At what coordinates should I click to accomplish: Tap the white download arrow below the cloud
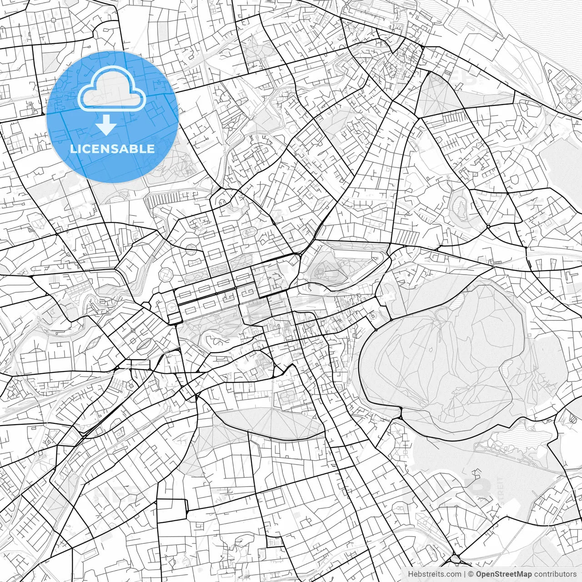(x=106, y=125)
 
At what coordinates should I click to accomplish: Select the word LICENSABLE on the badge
(x=112, y=149)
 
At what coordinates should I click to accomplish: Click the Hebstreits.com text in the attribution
(x=434, y=574)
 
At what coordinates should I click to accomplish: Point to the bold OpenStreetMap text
(x=504, y=574)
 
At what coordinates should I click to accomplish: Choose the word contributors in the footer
(x=555, y=574)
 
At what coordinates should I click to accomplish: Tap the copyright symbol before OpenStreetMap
(x=471, y=574)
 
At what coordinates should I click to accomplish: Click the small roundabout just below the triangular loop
(x=488, y=226)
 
